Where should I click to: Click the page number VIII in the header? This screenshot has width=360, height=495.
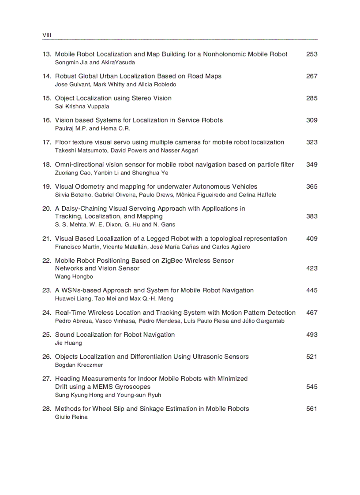[x=46, y=35]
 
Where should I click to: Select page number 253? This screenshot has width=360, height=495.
[x=311, y=54]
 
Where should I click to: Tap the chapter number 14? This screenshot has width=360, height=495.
[x=47, y=76]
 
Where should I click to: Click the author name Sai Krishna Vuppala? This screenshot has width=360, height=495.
[x=82, y=106]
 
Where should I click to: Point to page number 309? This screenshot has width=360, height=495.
[x=311, y=120]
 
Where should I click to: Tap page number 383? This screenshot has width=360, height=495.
[x=311, y=216]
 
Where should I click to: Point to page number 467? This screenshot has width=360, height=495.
[x=311, y=313]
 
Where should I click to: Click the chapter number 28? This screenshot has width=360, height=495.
[x=47, y=409]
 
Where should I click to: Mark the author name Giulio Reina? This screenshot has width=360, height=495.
[x=71, y=417]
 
